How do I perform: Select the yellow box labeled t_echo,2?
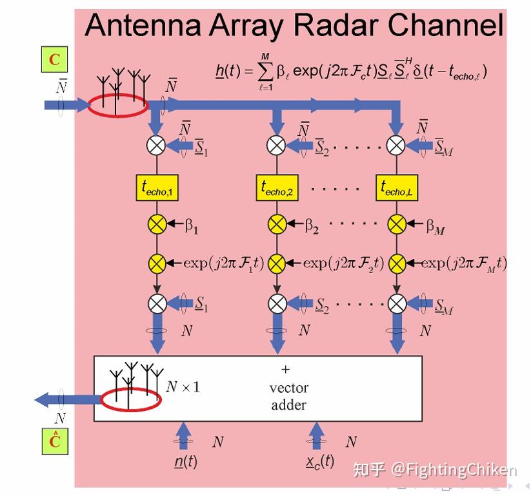[277, 187]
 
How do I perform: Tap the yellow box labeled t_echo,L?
[396, 187]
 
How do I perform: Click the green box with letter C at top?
[55, 60]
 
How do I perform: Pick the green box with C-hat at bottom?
[55, 441]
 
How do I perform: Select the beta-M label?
[436, 225]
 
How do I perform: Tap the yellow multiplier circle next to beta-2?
[277, 225]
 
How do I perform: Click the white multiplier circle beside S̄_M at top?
[396, 146]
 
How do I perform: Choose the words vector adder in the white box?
[288, 396]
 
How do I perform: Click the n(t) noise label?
[186, 461]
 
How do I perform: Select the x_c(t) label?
[320, 461]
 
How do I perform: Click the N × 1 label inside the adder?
[183, 386]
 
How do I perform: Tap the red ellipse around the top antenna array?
[117, 106]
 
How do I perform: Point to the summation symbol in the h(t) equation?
[265, 71]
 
